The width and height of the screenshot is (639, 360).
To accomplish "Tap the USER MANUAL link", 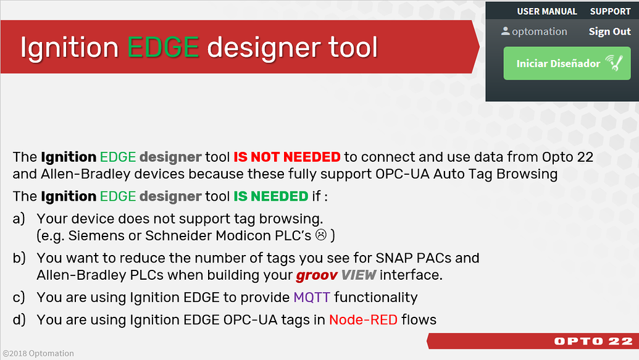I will click(x=546, y=11).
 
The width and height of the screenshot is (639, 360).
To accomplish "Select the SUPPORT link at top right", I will click(x=610, y=11).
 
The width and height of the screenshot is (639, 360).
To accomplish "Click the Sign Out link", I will click(x=609, y=31).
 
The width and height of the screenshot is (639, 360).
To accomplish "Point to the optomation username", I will click(x=539, y=31).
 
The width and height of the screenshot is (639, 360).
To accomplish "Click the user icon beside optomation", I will click(x=506, y=31).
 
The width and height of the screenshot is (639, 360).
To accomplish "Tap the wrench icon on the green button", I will click(x=614, y=62).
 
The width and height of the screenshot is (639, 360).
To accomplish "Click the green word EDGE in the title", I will click(x=163, y=48).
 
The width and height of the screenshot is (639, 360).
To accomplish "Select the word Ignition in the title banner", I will click(x=69, y=48).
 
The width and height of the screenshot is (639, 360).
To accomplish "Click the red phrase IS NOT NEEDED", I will click(x=286, y=157).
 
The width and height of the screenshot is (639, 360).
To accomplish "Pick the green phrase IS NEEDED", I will click(x=270, y=196).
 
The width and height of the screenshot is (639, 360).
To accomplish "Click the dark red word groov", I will click(x=315, y=275).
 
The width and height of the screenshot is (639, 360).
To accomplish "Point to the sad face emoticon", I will click(x=321, y=235).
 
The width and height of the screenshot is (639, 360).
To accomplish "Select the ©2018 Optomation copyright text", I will click(x=38, y=354).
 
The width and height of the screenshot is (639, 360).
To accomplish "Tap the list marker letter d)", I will click(x=19, y=319).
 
